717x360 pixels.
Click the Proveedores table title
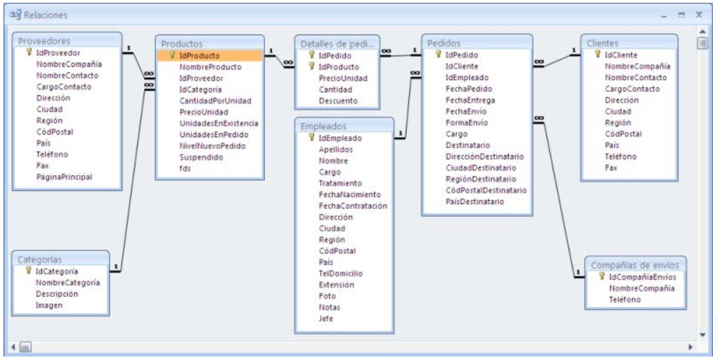click(44, 40)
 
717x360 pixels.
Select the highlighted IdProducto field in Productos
click(199, 55)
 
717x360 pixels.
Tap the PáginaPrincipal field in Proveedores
click(64, 177)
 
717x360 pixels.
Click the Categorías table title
click(39, 259)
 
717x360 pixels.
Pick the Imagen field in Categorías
click(50, 304)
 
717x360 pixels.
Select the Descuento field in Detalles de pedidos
click(338, 101)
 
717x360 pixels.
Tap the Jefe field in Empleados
click(326, 318)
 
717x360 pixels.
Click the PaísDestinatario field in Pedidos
click(474, 201)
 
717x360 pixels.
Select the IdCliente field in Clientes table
click(621, 55)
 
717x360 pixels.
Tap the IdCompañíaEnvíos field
click(642, 277)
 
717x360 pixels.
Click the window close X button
click(698, 13)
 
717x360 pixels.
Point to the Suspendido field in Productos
click(201, 157)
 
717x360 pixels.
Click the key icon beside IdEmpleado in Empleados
click(311, 138)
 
